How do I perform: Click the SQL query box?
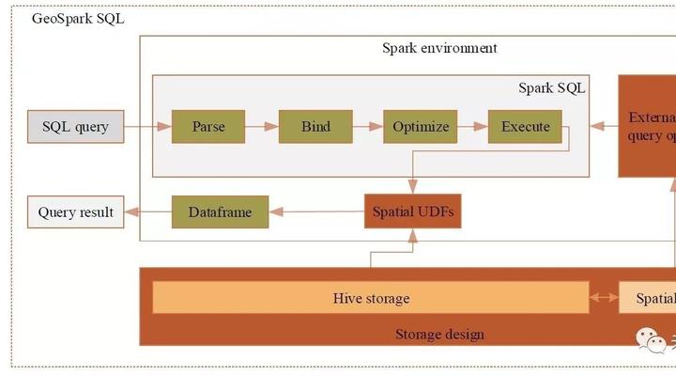click(75, 127)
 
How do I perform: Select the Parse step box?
click(208, 127)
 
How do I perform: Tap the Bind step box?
click(315, 127)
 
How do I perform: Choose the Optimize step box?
click(421, 127)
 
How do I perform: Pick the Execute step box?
click(525, 127)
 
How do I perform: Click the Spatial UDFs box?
click(413, 211)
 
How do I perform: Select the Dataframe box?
click(220, 211)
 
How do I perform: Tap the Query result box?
click(76, 211)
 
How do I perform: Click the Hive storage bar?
click(371, 298)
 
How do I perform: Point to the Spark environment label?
click(439, 48)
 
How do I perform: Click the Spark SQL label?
click(551, 88)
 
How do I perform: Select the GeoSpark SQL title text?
click(78, 19)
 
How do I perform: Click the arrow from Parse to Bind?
click(262, 127)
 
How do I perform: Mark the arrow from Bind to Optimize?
click(368, 127)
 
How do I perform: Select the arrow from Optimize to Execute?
click(473, 127)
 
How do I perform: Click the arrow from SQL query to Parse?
click(147, 127)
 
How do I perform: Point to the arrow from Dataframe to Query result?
click(147, 211)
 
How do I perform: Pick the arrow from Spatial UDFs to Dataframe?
click(315, 211)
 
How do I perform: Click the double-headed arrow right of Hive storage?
click(604, 298)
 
